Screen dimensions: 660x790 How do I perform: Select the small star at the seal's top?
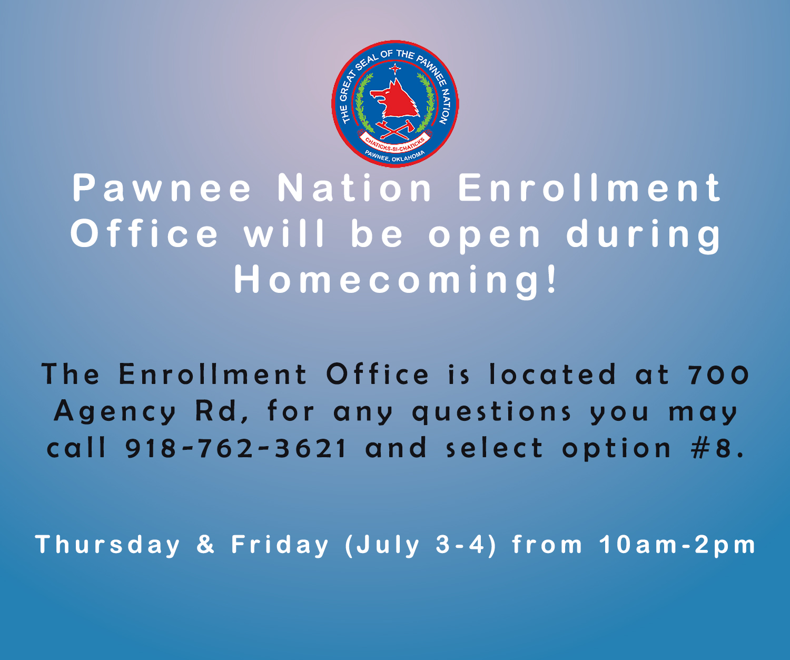[x=394, y=69]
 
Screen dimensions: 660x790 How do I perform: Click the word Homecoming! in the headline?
[x=395, y=280]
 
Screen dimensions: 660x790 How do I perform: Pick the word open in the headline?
[x=485, y=234]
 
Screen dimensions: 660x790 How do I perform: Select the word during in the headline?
[x=644, y=235]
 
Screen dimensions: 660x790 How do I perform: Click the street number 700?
[x=718, y=375]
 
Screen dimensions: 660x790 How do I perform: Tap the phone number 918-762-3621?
[x=236, y=448]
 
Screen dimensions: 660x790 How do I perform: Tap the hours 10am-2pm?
[x=677, y=545]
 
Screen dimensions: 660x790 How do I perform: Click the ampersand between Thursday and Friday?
[x=205, y=545]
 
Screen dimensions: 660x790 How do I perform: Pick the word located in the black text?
[x=552, y=375]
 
